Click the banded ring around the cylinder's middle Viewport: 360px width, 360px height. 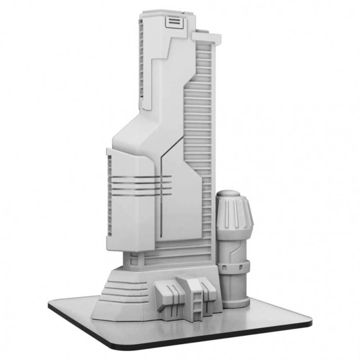coord(234,268)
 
